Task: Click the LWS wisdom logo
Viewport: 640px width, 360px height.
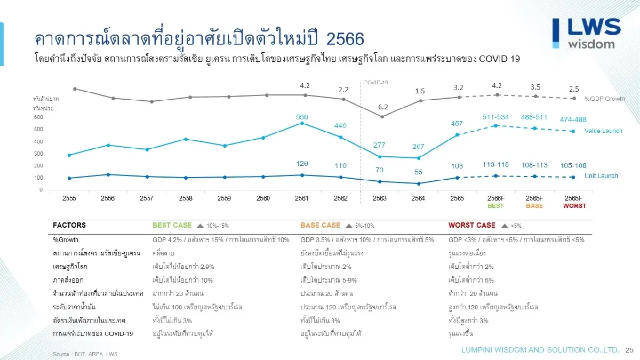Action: pyautogui.click(x=586, y=33)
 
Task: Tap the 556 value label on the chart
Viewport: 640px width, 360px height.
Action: pyautogui.click(x=302, y=116)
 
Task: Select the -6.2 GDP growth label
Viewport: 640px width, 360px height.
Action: pyautogui.click(x=382, y=107)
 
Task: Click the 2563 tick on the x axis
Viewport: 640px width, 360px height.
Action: pyautogui.click(x=379, y=198)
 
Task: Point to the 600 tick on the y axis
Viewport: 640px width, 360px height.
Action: pyautogui.click(x=38, y=117)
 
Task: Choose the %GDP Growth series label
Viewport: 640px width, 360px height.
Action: pyautogui.click(x=604, y=99)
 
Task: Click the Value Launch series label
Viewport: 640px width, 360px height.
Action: pyautogui.click(x=603, y=131)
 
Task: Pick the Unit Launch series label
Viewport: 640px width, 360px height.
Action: pyautogui.click(x=601, y=176)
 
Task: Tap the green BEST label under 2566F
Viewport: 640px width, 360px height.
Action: pyautogui.click(x=495, y=206)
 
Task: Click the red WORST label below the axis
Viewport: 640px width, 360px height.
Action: pyautogui.click(x=574, y=206)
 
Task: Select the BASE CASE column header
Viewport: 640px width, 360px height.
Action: pyautogui.click(x=320, y=226)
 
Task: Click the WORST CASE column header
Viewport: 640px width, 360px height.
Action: pyautogui.click(x=472, y=226)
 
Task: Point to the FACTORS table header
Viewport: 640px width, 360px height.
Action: pyautogui.click(x=69, y=226)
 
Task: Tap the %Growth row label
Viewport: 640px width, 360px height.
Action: pyautogui.click(x=66, y=240)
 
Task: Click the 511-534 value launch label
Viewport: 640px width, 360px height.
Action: pyautogui.click(x=495, y=117)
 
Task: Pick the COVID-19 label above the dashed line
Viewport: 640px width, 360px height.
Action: pyautogui.click(x=375, y=83)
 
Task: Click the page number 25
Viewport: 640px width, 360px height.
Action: pyautogui.click(x=629, y=350)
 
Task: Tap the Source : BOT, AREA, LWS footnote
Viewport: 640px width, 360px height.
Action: pyautogui.click(x=85, y=354)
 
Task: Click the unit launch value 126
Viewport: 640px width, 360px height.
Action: pyautogui.click(x=302, y=164)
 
